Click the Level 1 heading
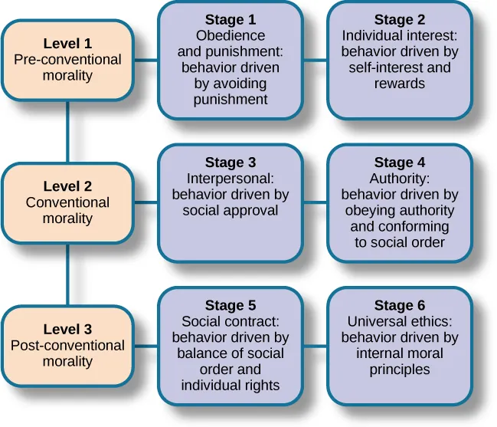click(x=67, y=44)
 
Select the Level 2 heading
click(x=67, y=186)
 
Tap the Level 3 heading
click(x=67, y=330)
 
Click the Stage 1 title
click(x=231, y=19)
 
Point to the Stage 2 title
click(x=399, y=19)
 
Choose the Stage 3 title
click(x=231, y=163)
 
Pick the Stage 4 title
click(x=399, y=163)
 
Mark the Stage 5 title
click(x=231, y=306)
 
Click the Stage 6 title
click(x=399, y=306)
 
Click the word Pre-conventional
click(x=67, y=60)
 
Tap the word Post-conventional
click(x=67, y=346)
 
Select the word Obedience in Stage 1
click(x=231, y=35)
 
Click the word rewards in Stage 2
click(x=399, y=84)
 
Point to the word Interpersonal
click(x=229, y=179)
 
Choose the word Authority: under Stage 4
click(x=399, y=179)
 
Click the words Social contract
click(x=231, y=322)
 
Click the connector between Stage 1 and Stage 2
click(x=315, y=60)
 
